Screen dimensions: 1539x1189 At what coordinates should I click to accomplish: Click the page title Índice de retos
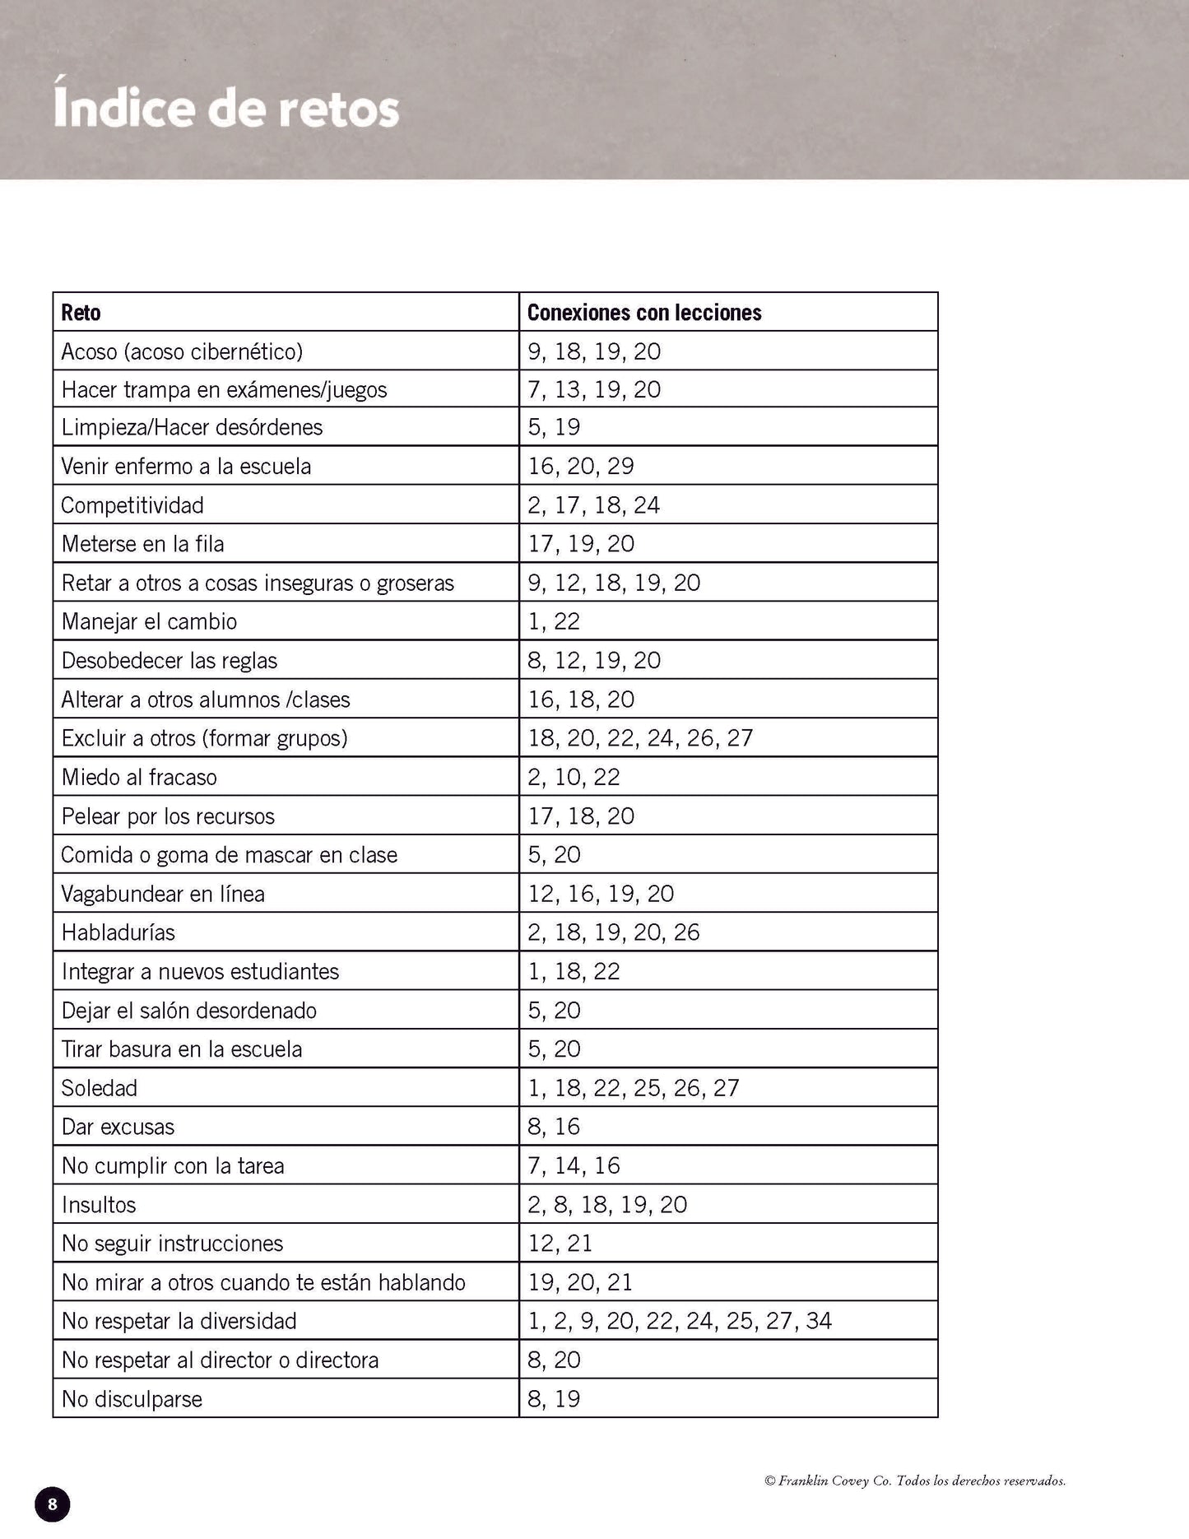[226, 109]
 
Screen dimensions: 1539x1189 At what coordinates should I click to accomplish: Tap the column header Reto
[81, 313]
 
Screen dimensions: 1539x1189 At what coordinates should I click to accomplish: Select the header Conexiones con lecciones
[644, 313]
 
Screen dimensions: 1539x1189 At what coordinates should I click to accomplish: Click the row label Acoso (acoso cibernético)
[182, 351]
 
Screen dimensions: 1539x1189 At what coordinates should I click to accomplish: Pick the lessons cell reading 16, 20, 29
[581, 467]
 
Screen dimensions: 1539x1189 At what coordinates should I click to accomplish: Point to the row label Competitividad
[132, 505]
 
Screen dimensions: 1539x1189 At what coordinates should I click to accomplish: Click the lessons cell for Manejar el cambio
[554, 621]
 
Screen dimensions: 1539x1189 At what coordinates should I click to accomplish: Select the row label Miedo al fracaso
[139, 777]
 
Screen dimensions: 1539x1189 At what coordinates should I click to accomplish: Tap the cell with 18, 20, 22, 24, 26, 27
[640, 738]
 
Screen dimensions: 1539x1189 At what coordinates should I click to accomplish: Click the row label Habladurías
[118, 932]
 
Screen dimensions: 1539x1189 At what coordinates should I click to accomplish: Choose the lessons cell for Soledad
[634, 1088]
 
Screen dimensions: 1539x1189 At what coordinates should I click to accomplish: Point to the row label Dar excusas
[118, 1127]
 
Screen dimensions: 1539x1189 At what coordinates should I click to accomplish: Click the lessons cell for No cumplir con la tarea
[574, 1165]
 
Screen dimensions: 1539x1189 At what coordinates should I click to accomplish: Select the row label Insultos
[99, 1205]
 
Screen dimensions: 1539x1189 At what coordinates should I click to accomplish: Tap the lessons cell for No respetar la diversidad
[680, 1321]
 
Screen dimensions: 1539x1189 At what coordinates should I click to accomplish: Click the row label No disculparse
[132, 1399]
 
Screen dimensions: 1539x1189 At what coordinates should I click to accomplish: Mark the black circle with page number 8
[53, 1504]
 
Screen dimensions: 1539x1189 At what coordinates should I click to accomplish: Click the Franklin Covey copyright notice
[915, 1481]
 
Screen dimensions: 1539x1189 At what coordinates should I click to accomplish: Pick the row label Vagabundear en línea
[163, 894]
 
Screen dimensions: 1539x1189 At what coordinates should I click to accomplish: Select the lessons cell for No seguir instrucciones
[560, 1244]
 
